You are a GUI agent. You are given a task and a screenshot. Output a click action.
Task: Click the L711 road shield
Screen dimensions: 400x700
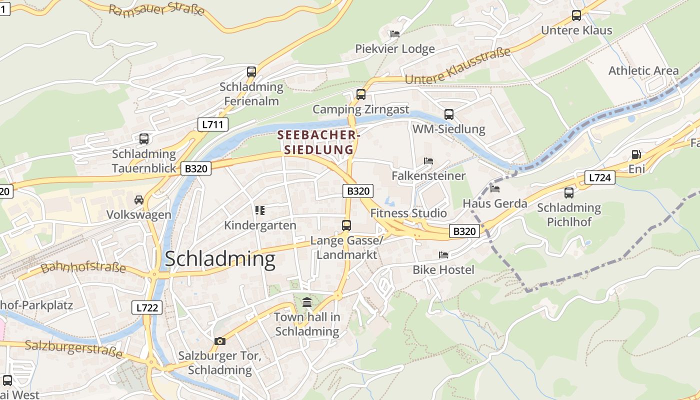[213, 124]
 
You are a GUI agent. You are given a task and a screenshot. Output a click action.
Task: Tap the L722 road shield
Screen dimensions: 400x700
[147, 307]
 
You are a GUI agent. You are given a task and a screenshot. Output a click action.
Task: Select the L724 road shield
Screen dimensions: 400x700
[599, 177]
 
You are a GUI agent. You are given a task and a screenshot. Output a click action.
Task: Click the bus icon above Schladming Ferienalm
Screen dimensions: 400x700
[251, 71]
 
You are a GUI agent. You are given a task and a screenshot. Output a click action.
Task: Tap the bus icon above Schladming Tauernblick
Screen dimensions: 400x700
[144, 138]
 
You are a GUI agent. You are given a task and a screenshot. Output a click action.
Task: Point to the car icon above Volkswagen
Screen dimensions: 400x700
[139, 200]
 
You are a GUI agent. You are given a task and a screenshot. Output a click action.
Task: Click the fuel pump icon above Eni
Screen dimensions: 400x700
[636, 154]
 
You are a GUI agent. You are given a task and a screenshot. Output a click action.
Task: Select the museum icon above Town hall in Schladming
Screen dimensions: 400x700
[307, 302]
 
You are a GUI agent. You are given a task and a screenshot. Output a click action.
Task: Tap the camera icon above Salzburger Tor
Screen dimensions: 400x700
[219, 341]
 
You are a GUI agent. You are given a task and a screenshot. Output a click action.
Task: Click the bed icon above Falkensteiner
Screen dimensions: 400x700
[428, 161]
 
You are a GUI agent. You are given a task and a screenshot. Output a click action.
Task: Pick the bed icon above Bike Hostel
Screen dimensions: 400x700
[443, 255]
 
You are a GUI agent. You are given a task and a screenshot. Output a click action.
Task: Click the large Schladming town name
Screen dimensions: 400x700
[220, 259]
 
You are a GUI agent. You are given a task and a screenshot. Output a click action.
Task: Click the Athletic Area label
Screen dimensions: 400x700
[643, 70]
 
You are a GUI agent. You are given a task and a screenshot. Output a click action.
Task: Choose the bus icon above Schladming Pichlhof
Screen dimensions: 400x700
[569, 192]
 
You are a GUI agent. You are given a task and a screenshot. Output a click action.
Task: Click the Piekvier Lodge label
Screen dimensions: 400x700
[395, 48]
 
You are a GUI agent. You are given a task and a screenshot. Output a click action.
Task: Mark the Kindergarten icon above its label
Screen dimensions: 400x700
[259, 210]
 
